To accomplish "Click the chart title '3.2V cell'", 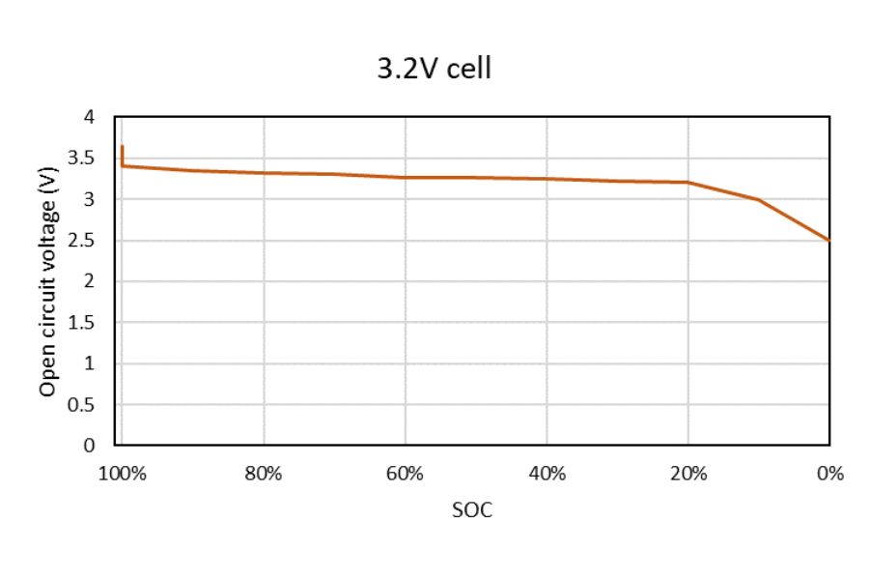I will click(x=434, y=70).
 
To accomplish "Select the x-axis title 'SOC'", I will click(x=471, y=510).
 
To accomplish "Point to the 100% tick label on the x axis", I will click(x=122, y=474).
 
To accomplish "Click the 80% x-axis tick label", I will click(x=263, y=474).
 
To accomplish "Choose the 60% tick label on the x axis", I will click(x=405, y=474).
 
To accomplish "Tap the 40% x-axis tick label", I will click(x=547, y=474).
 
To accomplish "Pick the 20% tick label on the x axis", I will click(x=687, y=474).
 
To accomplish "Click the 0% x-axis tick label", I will click(x=829, y=474).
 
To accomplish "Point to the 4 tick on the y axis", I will click(x=91, y=117).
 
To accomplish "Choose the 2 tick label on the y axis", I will click(x=91, y=281).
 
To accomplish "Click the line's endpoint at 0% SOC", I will click(x=828, y=240).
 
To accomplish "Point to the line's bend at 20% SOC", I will click(x=687, y=183).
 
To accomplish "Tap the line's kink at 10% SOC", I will click(x=758, y=200).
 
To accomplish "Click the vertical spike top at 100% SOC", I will click(x=123, y=146).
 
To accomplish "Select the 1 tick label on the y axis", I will click(x=91, y=363).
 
